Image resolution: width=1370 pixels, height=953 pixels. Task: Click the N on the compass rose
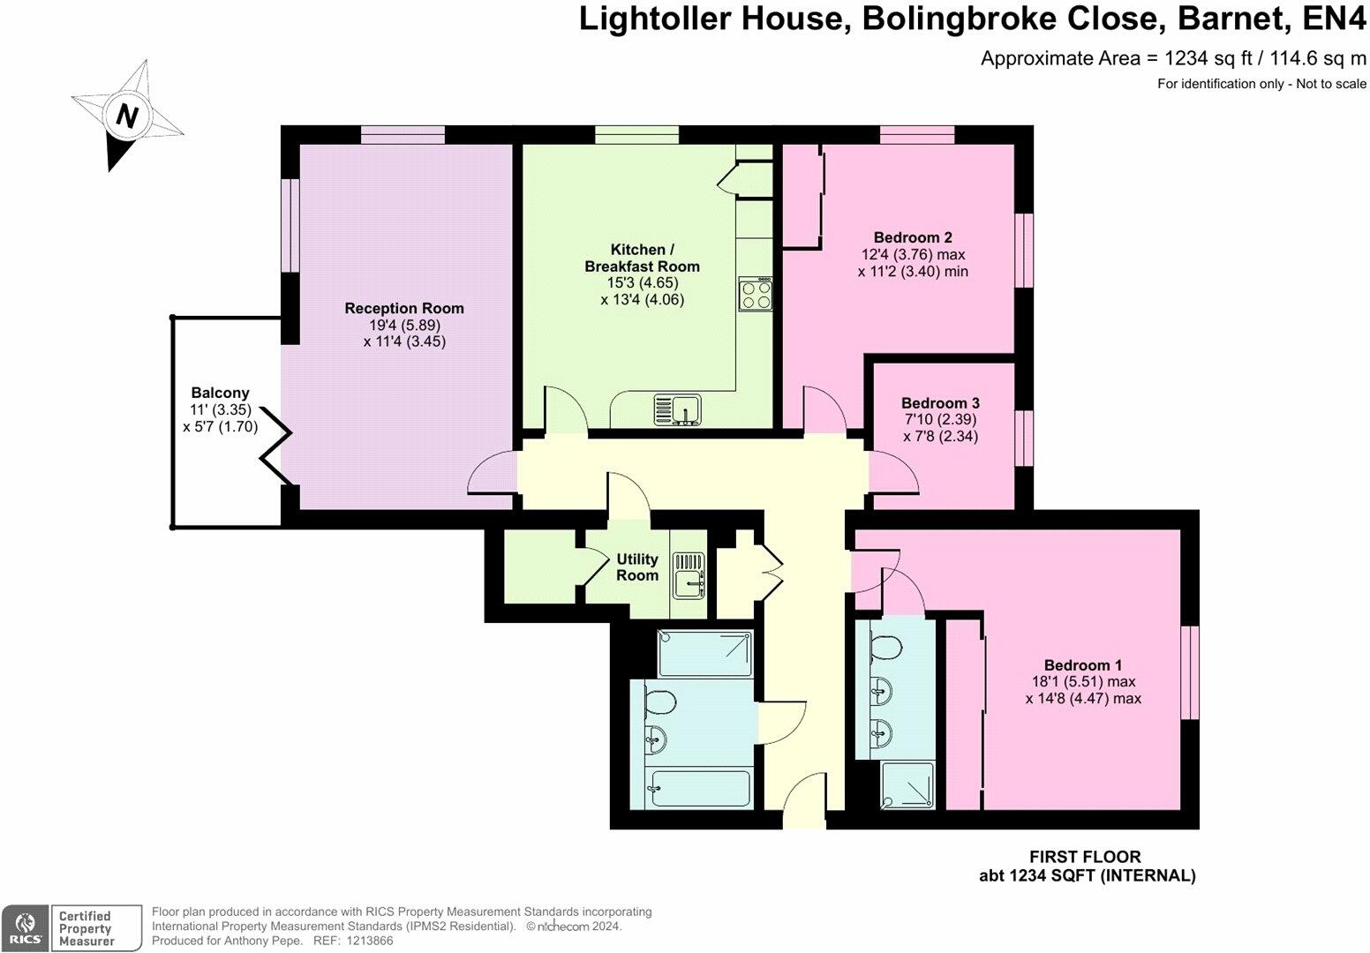(129, 116)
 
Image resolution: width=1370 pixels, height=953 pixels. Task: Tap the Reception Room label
(403, 308)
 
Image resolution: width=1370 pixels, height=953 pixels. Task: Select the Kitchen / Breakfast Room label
(642, 258)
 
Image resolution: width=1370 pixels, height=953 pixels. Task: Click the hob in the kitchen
(757, 294)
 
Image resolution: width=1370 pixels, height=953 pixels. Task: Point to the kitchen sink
(677, 409)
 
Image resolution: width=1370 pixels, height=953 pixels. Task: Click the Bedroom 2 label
(912, 237)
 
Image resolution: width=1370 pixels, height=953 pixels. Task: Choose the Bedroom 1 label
(1082, 665)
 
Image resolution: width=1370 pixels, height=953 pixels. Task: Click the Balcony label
(220, 393)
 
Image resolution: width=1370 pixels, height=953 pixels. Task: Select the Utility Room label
(636, 567)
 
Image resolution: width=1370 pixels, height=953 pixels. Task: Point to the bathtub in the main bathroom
(698, 788)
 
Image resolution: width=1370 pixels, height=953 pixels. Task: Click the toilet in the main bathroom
(659, 702)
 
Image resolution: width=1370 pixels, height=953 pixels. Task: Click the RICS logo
(24, 927)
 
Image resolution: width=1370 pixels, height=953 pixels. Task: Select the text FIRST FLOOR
(1085, 857)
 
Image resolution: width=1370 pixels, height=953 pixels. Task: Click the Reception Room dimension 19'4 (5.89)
(404, 325)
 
